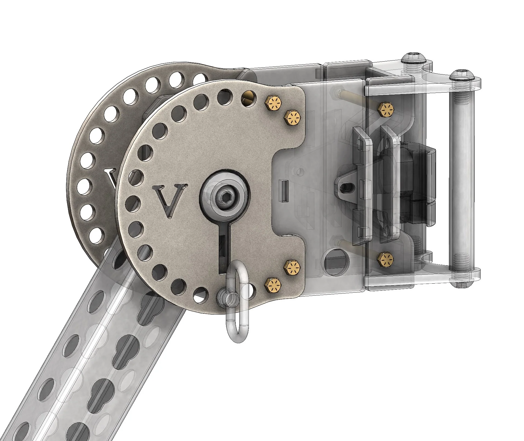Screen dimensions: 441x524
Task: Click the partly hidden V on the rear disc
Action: [x=111, y=178]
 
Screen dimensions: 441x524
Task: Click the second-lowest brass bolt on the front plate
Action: [x=292, y=267]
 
